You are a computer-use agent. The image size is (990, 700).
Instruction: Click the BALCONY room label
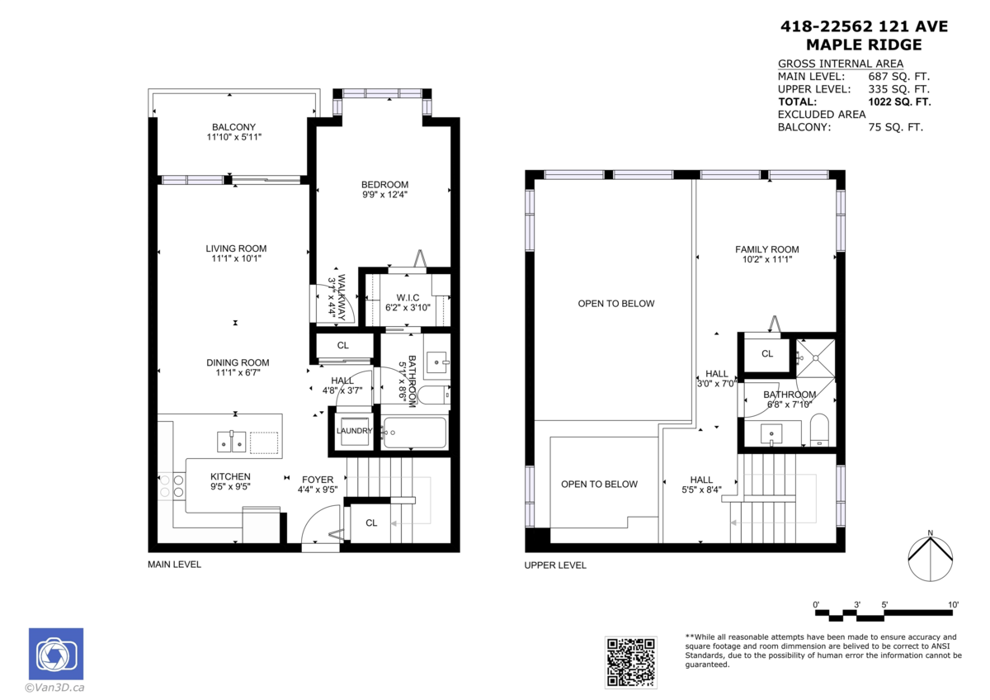(x=233, y=126)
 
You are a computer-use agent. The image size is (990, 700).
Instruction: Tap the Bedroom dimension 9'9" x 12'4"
(x=384, y=195)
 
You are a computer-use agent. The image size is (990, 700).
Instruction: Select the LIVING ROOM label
(x=236, y=248)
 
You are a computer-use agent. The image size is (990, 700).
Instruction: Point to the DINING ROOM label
(x=238, y=362)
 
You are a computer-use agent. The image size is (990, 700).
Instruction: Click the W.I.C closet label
(x=408, y=297)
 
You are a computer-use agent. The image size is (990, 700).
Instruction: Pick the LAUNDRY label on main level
(x=355, y=431)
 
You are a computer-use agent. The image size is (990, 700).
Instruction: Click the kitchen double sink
(x=232, y=442)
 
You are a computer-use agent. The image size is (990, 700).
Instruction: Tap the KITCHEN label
(x=230, y=476)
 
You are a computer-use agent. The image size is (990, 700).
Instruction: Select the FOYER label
(x=317, y=479)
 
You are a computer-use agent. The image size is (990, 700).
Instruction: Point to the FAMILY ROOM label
(x=767, y=249)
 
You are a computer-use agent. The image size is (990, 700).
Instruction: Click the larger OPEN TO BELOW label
(x=615, y=303)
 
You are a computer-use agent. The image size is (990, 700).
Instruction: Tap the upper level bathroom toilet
(x=820, y=430)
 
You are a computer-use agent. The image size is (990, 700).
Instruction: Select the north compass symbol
(x=930, y=560)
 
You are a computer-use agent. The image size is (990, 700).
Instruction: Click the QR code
(x=631, y=662)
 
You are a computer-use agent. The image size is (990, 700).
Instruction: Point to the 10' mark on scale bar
(x=953, y=605)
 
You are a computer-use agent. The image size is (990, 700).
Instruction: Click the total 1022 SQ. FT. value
(x=899, y=102)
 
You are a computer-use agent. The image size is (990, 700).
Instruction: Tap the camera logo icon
(x=55, y=655)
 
